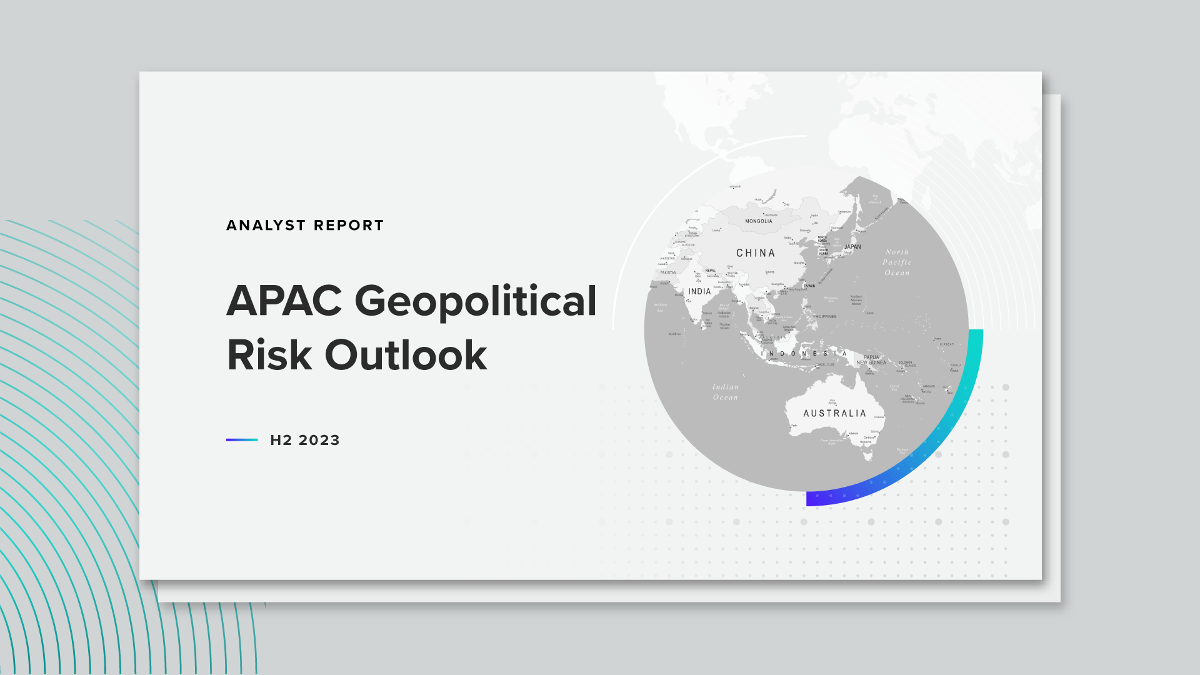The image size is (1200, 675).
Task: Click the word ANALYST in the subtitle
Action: (266, 226)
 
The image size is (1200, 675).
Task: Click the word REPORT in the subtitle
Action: (349, 226)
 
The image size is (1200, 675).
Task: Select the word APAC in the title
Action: (284, 301)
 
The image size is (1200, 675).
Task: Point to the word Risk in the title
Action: (269, 356)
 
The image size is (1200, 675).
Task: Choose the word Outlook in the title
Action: (406, 356)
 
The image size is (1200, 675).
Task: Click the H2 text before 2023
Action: (281, 441)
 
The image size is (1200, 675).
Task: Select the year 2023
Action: (319, 441)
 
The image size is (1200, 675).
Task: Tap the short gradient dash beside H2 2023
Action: (242, 440)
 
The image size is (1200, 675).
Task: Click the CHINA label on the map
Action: (756, 253)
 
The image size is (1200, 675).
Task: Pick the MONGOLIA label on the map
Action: (759, 221)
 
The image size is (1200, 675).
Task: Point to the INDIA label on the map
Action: (699, 292)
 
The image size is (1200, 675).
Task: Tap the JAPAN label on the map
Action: (852, 247)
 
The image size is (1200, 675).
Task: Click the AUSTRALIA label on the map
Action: (835, 414)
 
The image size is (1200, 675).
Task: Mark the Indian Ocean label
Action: (726, 392)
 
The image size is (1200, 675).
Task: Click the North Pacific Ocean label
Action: (897, 262)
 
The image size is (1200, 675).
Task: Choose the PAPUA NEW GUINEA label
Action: (871, 360)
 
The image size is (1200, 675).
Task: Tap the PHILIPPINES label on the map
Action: (824, 317)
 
